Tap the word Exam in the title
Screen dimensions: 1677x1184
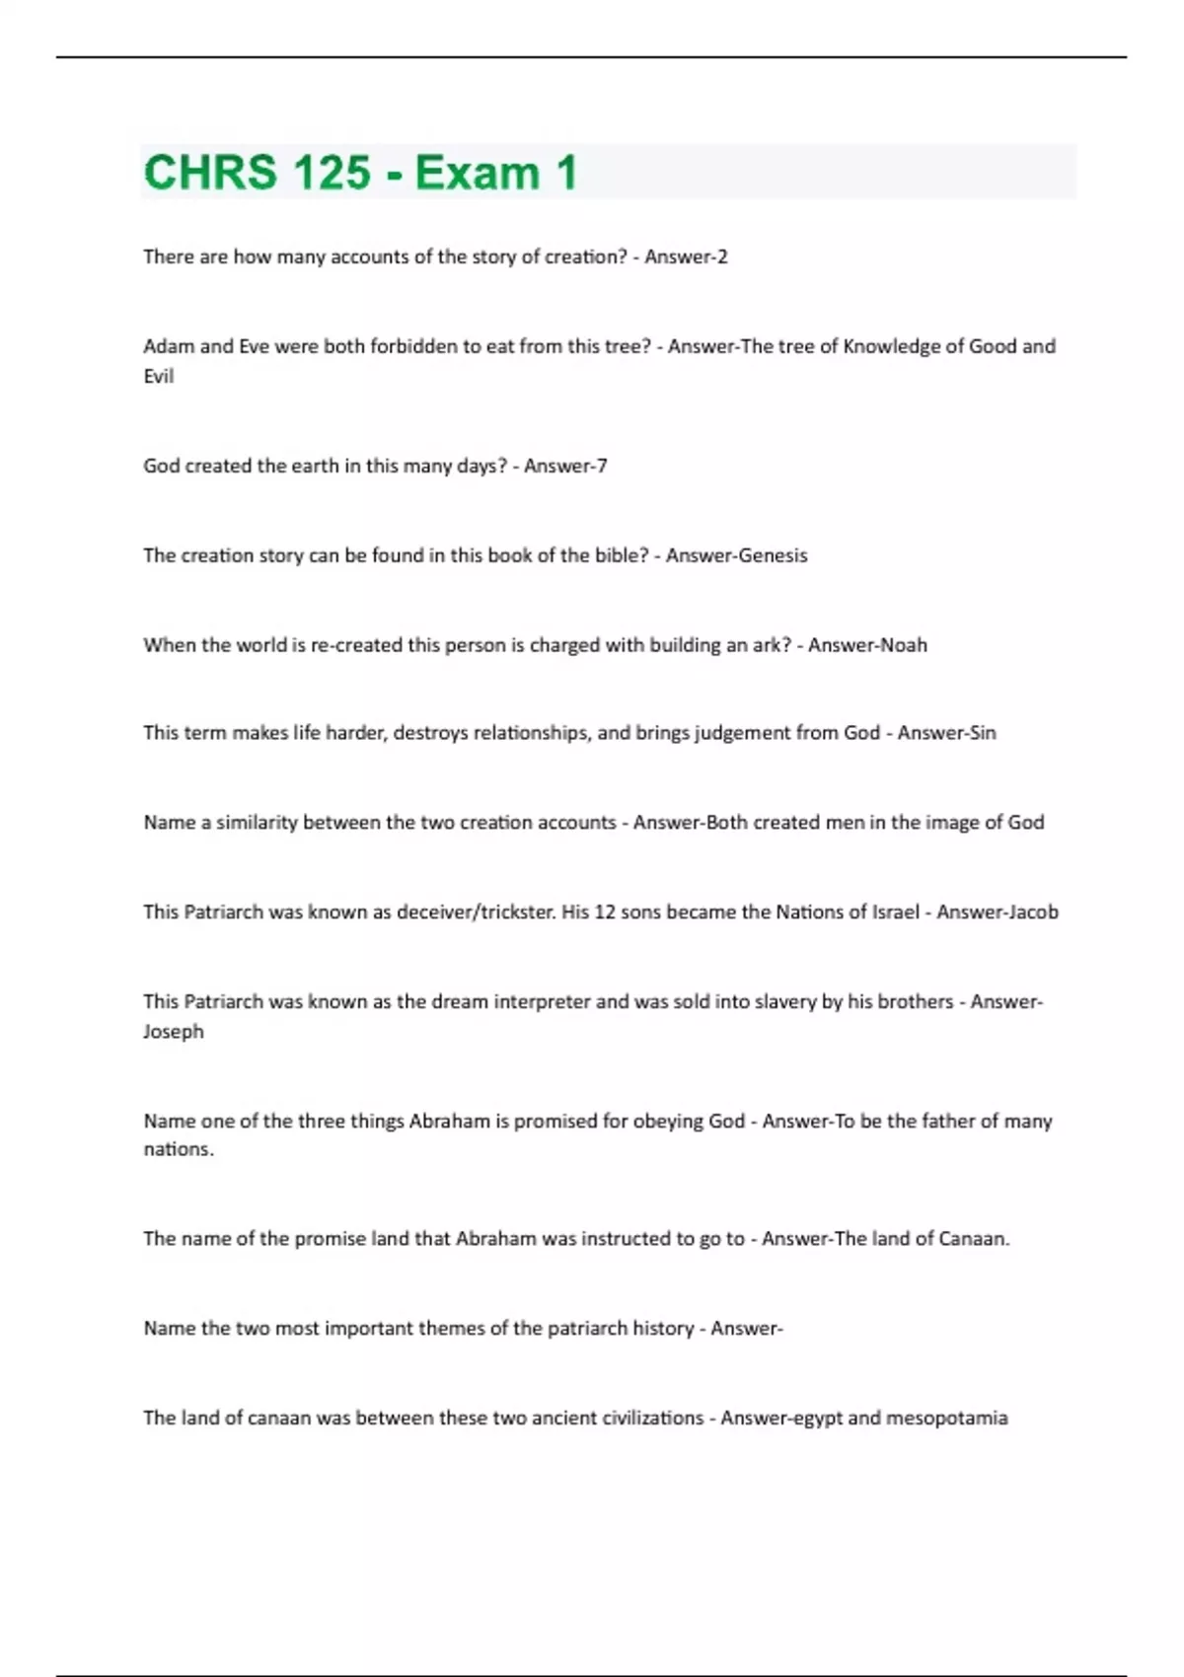pyautogui.click(x=478, y=173)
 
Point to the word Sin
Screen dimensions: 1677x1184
pyautogui.click(x=981, y=733)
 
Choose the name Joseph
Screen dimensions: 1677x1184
pyautogui.click(x=174, y=1032)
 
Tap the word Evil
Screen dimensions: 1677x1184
pyautogui.click(x=159, y=376)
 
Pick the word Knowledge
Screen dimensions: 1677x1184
pyautogui.click(x=891, y=346)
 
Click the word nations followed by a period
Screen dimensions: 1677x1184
pyautogui.click(x=179, y=1149)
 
